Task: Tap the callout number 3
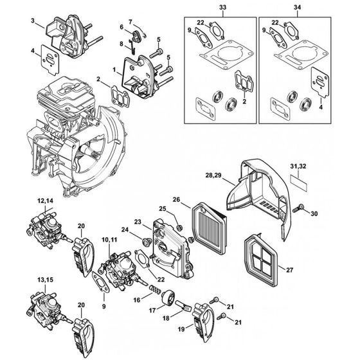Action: click(33, 22)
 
